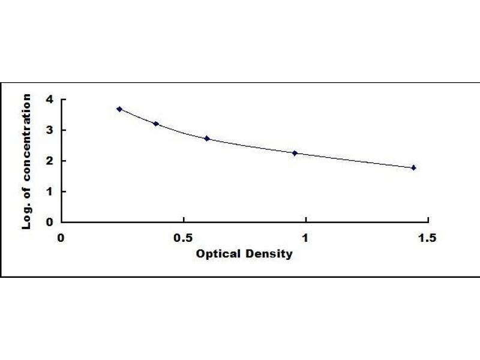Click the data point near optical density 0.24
(x=119, y=109)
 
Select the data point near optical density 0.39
(x=156, y=124)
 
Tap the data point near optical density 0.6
(x=207, y=139)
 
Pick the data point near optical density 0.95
(x=295, y=153)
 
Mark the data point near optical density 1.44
(x=413, y=168)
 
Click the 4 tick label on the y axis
(x=49, y=100)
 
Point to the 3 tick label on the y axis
(x=49, y=130)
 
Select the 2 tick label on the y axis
(x=49, y=161)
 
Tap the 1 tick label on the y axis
(x=49, y=191)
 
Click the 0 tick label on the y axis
(x=49, y=222)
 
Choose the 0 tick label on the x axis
(x=61, y=238)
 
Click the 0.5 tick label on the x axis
(x=183, y=238)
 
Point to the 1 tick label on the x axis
(x=305, y=238)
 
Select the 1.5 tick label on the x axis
(x=427, y=238)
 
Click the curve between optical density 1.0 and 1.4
(x=354, y=161)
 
